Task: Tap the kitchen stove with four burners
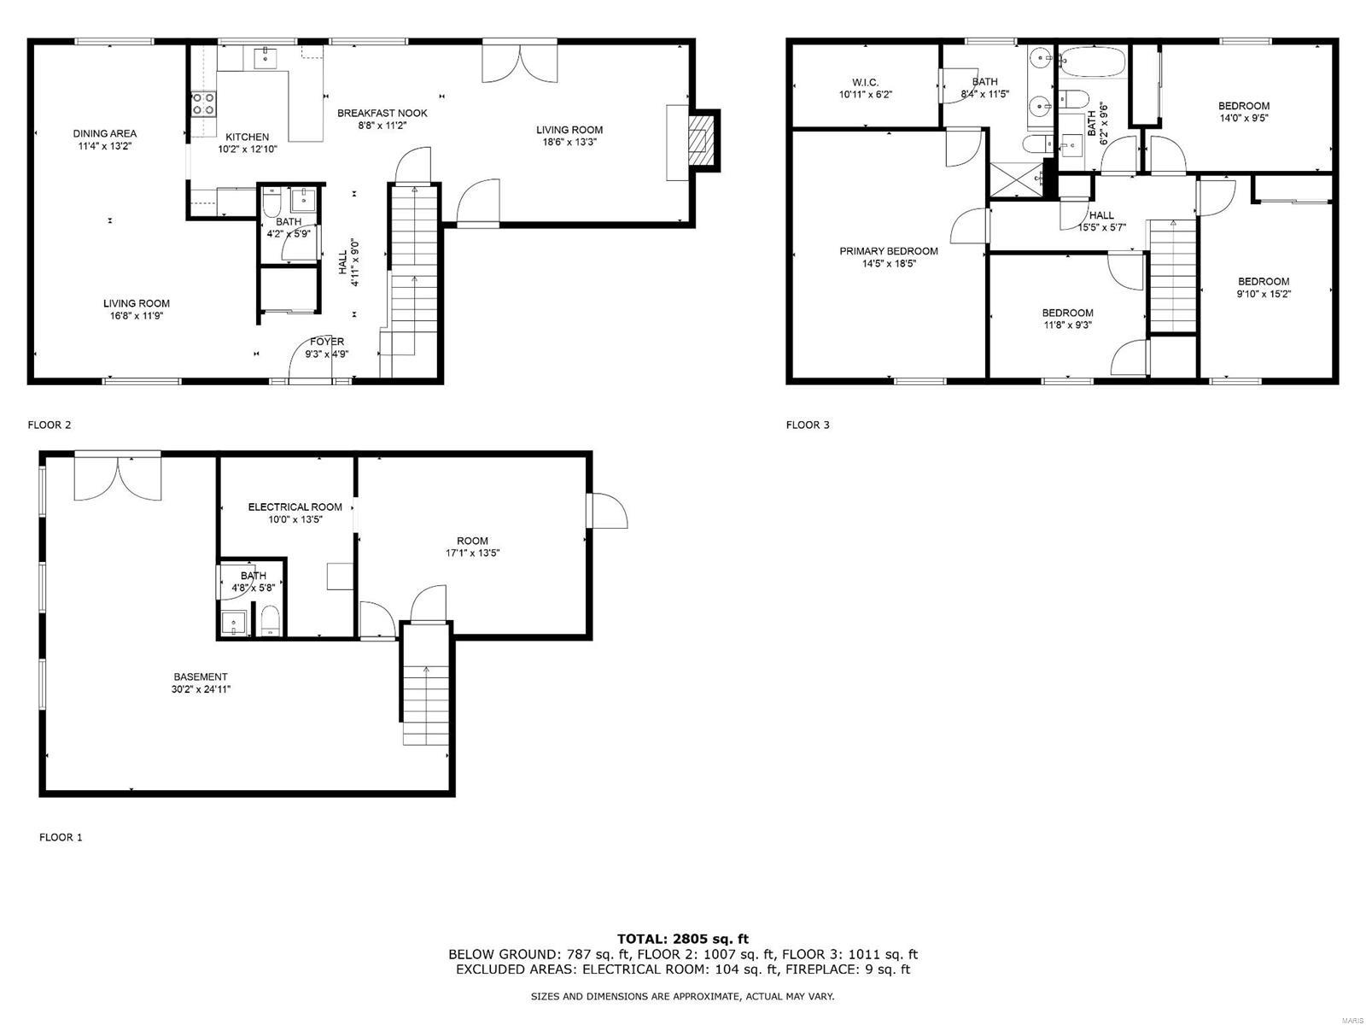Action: pyautogui.click(x=203, y=104)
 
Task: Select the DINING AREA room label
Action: pyautogui.click(x=104, y=133)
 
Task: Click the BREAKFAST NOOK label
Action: pyautogui.click(x=382, y=113)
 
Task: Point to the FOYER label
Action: pyautogui.click(x=327, y=342)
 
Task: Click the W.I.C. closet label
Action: pyautogui.click(x=865, y=82)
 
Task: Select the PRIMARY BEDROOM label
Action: pyautogui.click(x=888, y=251)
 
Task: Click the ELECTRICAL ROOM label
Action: pyautogui.click(x=295, y=507)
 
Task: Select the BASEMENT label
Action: pyautogui.click(x=201, y=676)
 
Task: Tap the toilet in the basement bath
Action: pyautogui.click(x=270, y=622)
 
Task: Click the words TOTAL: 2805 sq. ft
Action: pyautogui.click(x=682, y=939)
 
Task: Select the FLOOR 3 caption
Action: pyautogui.click(x=808, y=425)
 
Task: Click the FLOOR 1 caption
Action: pyautogui.click(x=61, y=837)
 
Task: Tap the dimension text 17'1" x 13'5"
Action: pyautogui.click(x=472, y=553)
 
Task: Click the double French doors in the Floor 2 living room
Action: pyautogui.click(x=520, y=61)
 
